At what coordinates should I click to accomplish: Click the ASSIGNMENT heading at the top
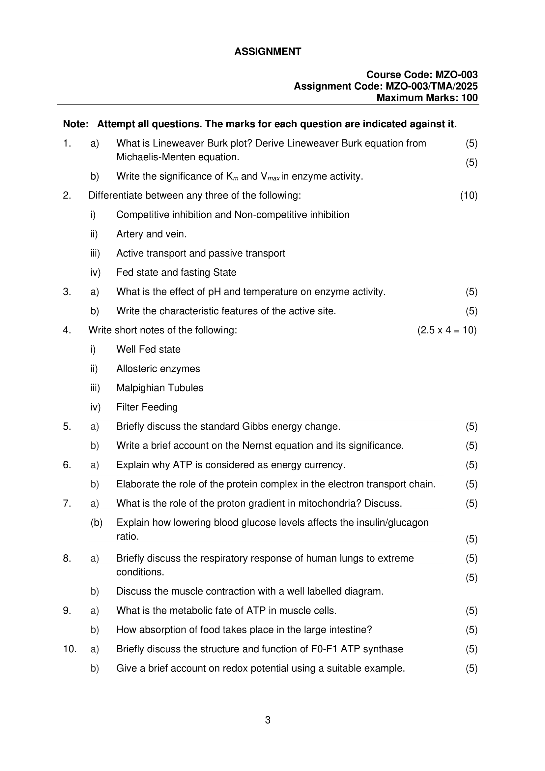point(268,51)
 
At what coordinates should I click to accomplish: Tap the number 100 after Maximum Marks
point(470,98)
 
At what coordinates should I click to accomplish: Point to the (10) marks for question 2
point(469,196)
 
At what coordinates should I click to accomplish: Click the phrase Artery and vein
point(151,234)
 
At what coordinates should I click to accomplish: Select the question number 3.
point(67,292)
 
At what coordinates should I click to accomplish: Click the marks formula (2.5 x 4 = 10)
point(447,330)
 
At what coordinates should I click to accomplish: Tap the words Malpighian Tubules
point(160,388)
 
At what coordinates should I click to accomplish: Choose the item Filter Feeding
point(147,407)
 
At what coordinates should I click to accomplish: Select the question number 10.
point(70,649)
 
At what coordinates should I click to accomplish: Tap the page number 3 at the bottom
point(268,720)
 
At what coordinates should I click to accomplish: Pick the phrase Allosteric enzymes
point(158,369)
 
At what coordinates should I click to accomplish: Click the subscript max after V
point(273,179)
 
